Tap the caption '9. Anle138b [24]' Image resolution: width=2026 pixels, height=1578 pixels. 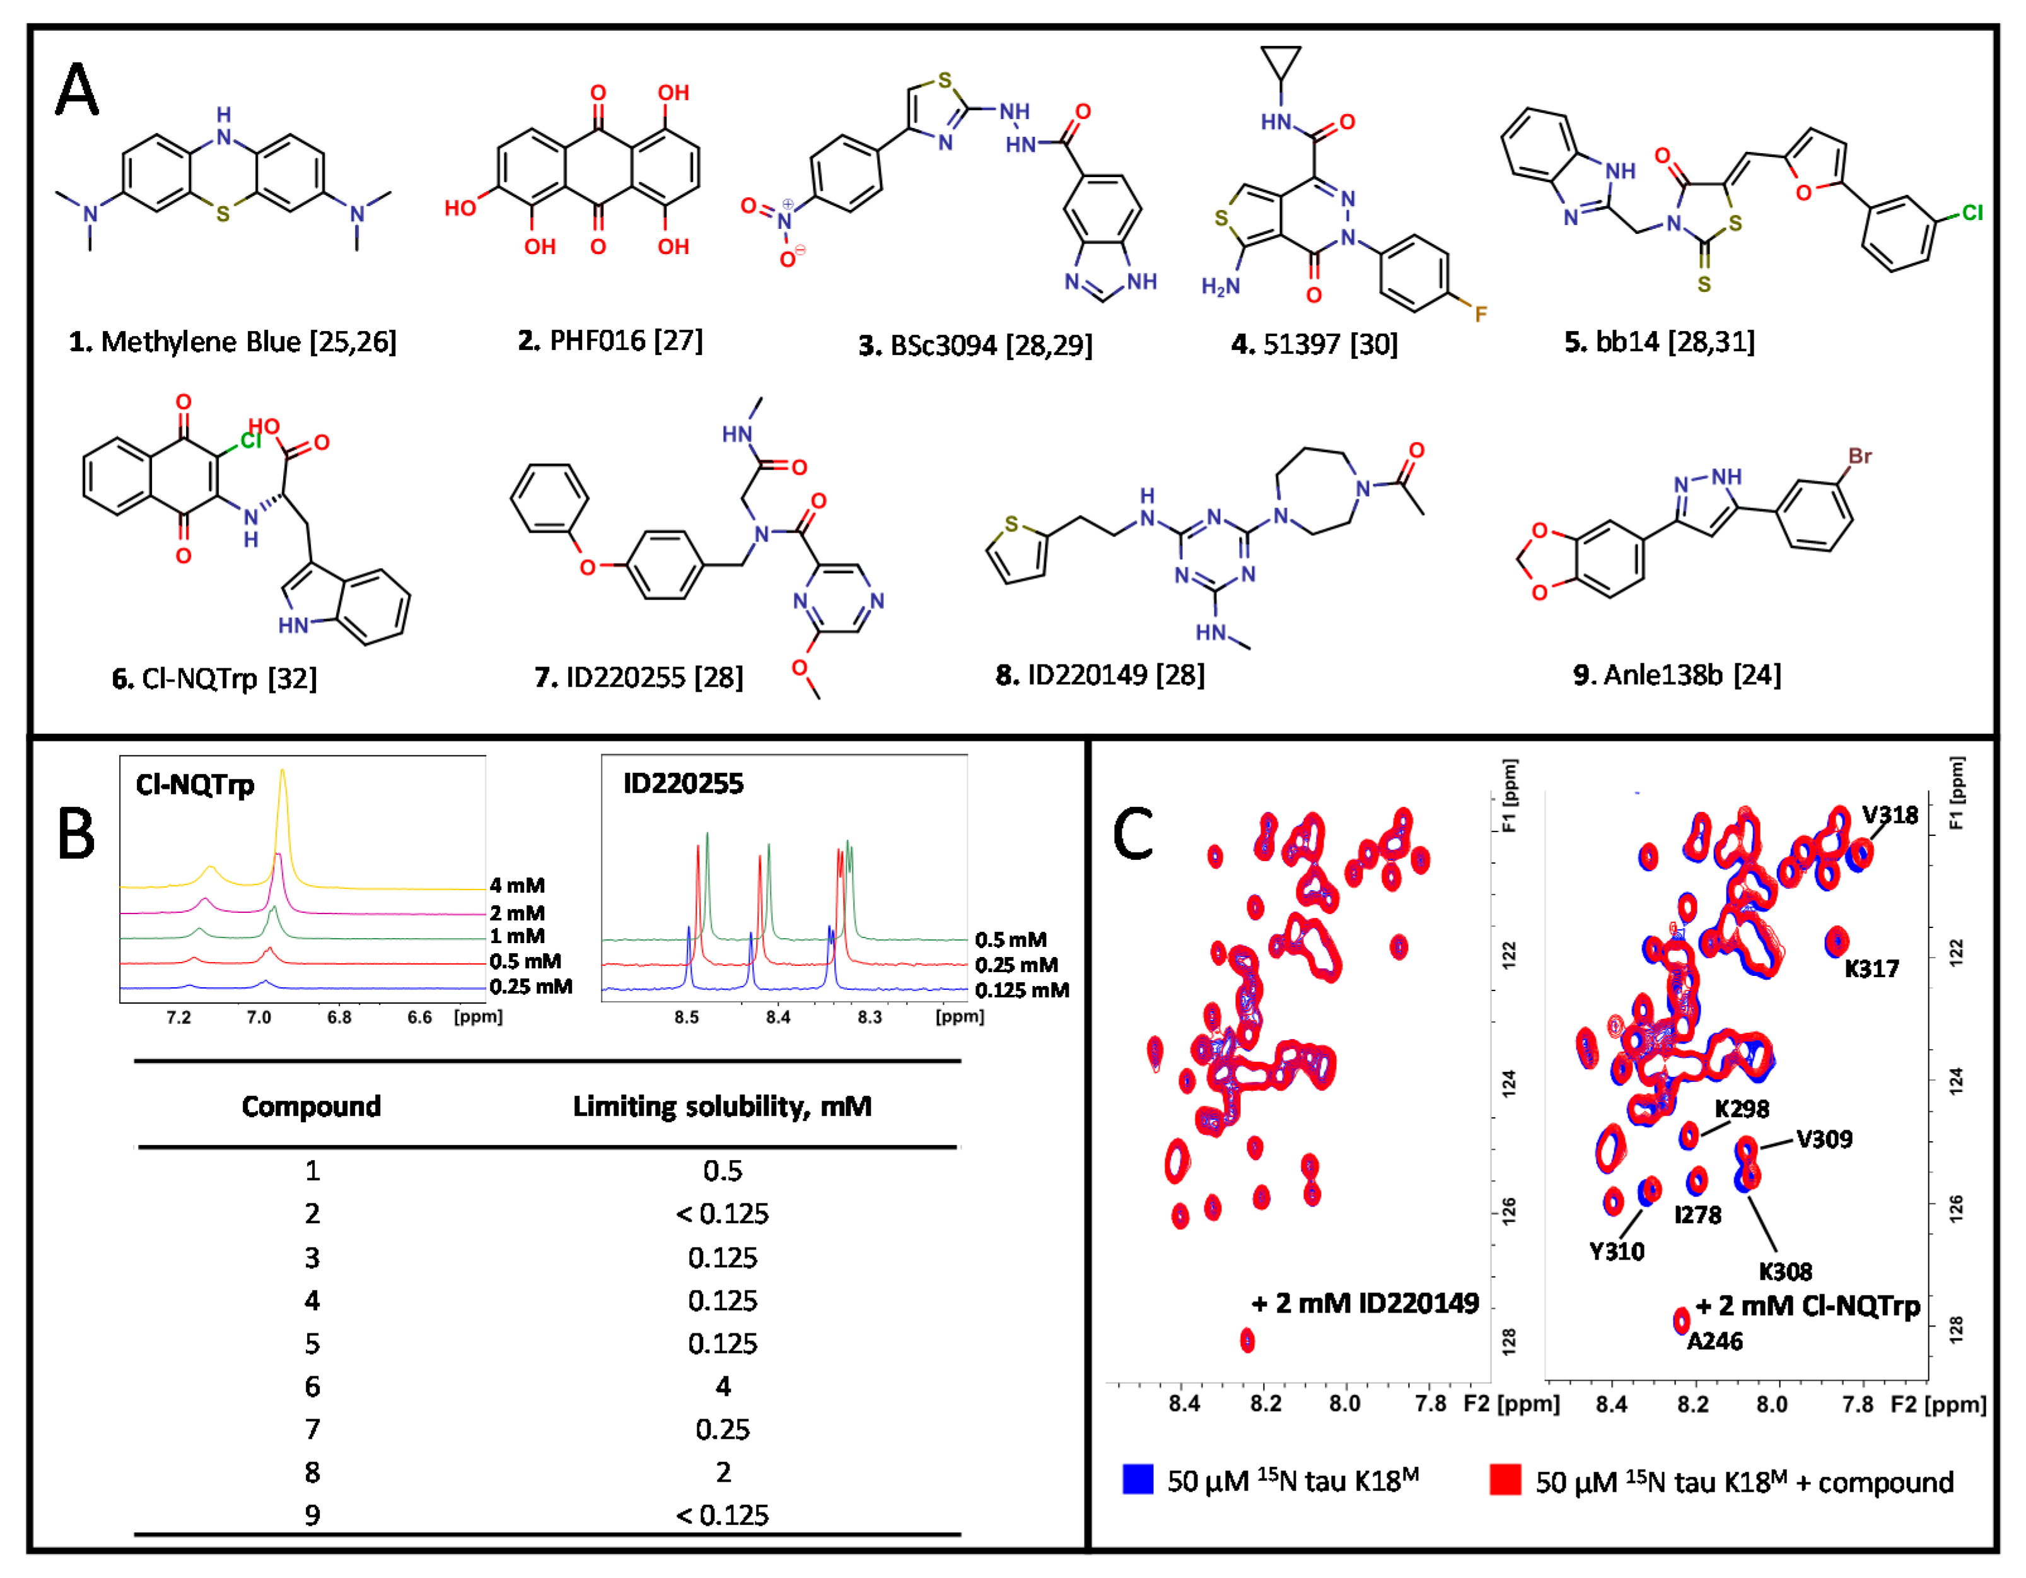tap(1676, 675)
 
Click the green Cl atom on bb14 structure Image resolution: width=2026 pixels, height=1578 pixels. tap(1971, 212)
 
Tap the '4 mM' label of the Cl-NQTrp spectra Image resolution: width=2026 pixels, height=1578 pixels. tap(516, 885)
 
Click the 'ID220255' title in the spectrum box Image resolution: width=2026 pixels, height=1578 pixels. tap(683, 784)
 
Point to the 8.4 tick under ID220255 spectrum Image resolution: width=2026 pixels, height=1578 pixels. tap(777, 1017)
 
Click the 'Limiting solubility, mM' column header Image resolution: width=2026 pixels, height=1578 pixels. tap(722, 1106)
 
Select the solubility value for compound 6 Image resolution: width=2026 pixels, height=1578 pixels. tap(723, 1386)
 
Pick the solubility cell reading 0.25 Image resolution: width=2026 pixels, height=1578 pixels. tap(723, 1429)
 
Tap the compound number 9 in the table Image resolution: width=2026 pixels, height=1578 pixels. tap(313, 1515)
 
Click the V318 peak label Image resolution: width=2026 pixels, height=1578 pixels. tap(1890, 815)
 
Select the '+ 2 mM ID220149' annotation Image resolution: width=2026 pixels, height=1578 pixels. tap(1365, 1303)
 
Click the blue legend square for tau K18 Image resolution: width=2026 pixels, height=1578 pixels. tap(1138, 1479)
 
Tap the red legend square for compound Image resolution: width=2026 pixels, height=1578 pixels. tap(1505, 1479)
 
